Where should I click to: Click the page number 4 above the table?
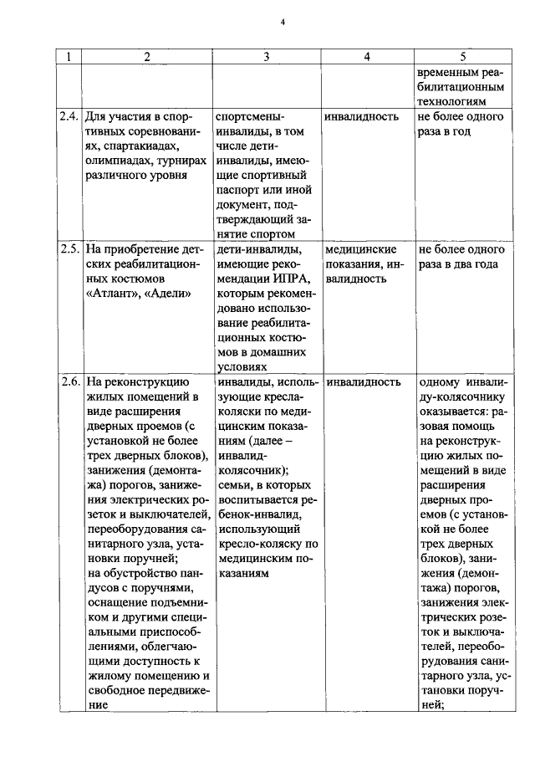pyautogui.click(x=283, y=22)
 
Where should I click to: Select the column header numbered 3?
pyautogui.click(x=266, y=56)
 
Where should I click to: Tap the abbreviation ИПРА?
pyautogui.click(x=284, y=279)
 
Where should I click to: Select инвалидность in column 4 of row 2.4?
pyautogui.click(x=361, y=116)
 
